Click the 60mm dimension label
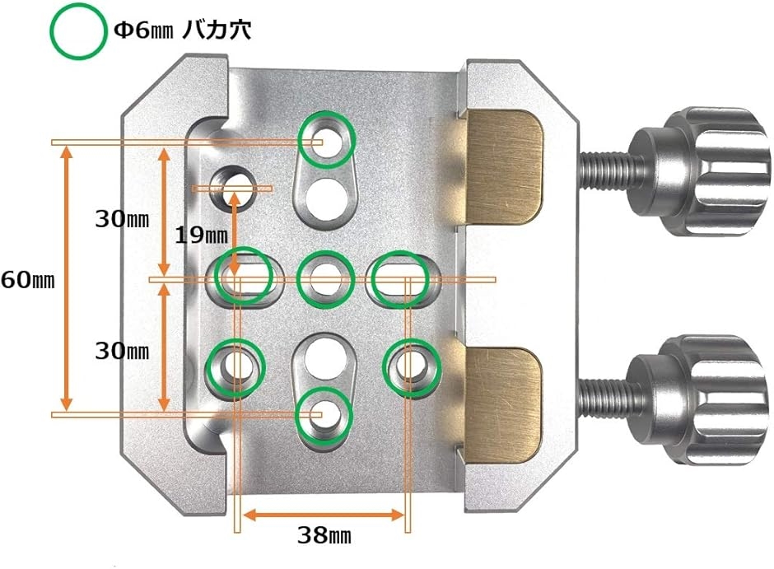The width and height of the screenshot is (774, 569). (x=27, y=279)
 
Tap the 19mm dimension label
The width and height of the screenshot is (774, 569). (x=201, y=235)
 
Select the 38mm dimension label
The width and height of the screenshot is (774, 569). (x=324, y=536)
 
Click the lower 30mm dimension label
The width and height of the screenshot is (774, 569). (x=122, y=352)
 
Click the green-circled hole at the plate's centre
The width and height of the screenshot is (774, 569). (x=324, y=278)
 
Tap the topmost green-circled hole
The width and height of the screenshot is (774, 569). (x=326, y=140)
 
